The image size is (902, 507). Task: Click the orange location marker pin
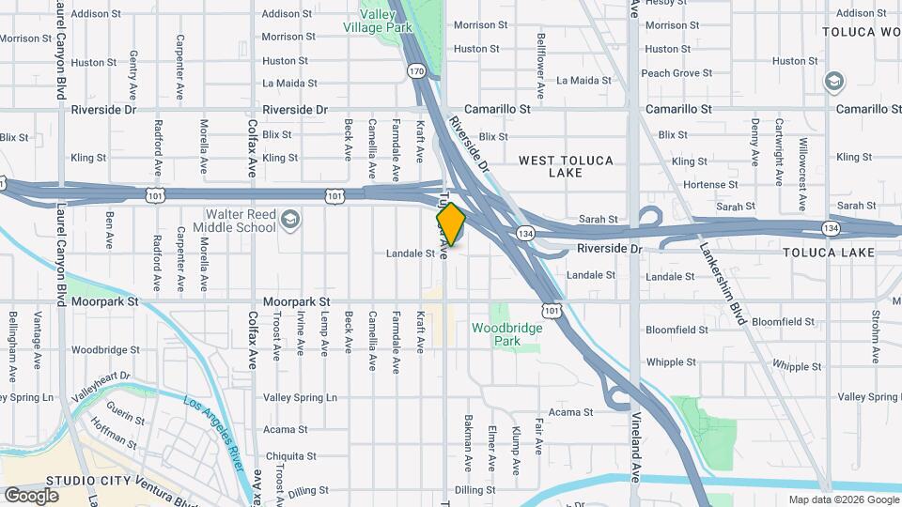click(451, 223)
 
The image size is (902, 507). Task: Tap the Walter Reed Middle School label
click(235, 221)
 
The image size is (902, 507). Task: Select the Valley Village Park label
click(386, 22)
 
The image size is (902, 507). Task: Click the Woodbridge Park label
click(507, 334)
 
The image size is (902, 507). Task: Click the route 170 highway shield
click(416, 70)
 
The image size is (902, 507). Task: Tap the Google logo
click(31, 495)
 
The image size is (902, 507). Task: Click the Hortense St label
click(710, 185)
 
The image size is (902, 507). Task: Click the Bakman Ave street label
click(467, 441)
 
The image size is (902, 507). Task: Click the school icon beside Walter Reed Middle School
click(290, 221)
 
